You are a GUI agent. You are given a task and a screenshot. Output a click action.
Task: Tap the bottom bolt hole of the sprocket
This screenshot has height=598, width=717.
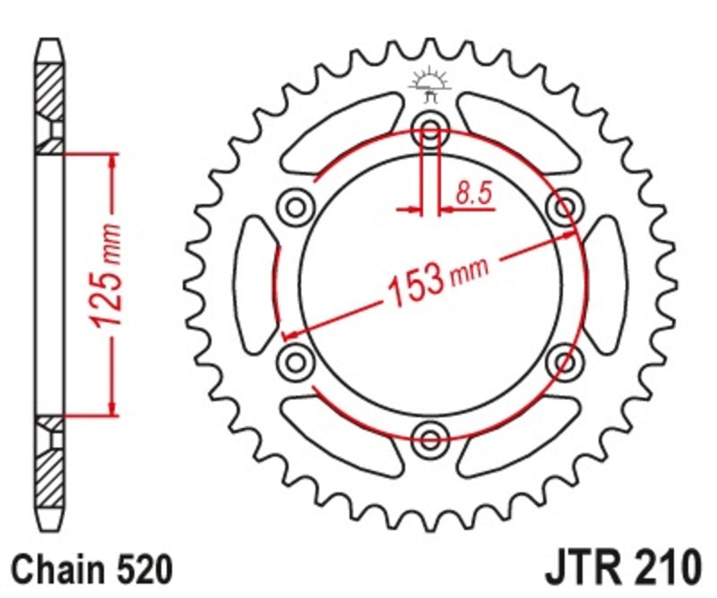click(x=430, y=437)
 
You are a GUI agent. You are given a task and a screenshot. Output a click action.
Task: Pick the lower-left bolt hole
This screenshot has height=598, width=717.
click(x=294, y=361)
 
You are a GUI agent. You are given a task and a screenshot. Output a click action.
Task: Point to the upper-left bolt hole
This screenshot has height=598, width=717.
click(x=294, y=206)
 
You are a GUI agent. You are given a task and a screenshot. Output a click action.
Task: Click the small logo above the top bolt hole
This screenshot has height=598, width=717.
click(x=429, y=83)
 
